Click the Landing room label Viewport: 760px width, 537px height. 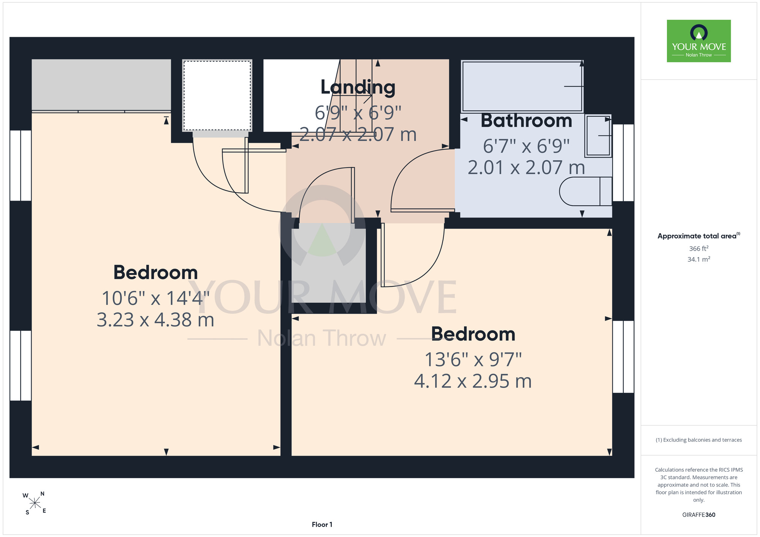(358, 87)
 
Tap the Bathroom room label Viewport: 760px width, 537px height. (526, 121)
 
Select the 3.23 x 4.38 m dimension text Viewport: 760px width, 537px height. (155, 320)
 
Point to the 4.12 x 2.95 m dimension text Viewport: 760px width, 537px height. (473, 381)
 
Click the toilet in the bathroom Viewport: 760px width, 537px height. (586, 191)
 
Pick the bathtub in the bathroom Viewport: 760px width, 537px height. (522, 86)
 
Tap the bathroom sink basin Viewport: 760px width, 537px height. (598, 136)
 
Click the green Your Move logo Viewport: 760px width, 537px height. (699, 41)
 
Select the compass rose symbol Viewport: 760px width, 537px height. (35, 503)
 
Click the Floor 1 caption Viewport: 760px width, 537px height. (322, 524)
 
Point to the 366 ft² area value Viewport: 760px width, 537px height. (699, 248)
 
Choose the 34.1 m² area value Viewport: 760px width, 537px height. (699, 259)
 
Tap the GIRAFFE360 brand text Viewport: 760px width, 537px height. (699, 515)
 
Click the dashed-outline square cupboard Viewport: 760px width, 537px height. (217, 95)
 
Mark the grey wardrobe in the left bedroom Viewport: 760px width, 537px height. (101, 85)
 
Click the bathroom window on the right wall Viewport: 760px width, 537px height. (623, 163)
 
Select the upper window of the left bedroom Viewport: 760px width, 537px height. (21, 165)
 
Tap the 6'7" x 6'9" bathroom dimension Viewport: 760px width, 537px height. (526, 146)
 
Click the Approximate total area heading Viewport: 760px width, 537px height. (699, 236)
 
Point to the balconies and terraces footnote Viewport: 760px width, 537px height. (699, 440)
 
